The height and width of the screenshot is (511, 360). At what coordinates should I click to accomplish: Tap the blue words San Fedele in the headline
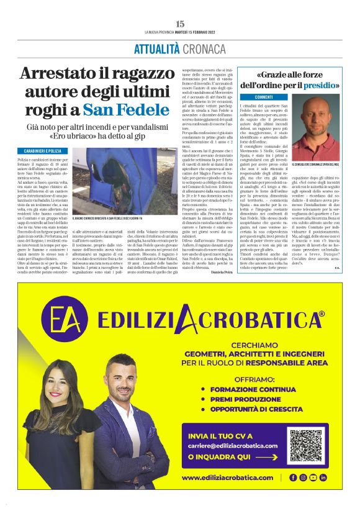click(134, 110)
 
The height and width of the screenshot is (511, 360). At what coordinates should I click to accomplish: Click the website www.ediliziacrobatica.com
click(228, 477)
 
